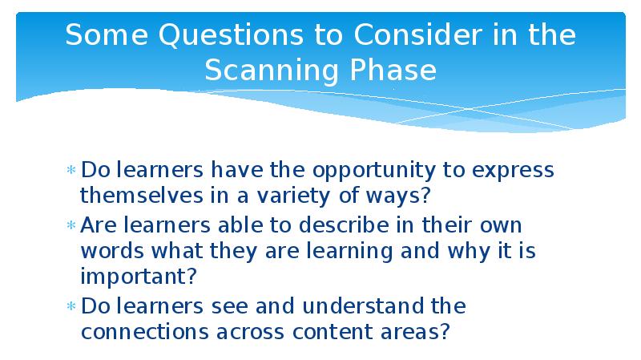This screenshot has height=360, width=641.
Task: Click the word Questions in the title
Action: pos(231,35)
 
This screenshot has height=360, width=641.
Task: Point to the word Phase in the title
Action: pos(393,70)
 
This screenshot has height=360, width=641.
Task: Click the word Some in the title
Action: pos(107,34)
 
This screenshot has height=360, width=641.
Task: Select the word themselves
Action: pos(142,195)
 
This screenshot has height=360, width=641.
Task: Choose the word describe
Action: pos(344,225)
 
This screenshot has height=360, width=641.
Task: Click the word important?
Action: pos(139,277)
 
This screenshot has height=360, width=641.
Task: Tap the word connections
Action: pos(145,332)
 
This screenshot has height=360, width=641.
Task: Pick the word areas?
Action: pos(415,332)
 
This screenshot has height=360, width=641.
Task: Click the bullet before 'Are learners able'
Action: pos(71,225)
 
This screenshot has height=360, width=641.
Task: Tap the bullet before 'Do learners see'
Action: pos(71,306)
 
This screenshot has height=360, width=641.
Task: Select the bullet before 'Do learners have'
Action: pos(71,170)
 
